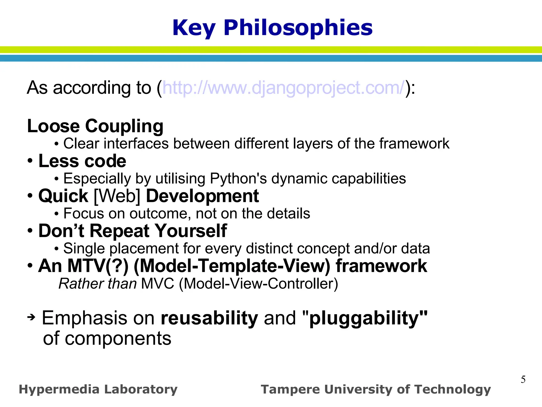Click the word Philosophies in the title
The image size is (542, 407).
pyautogui.click(x=298, y=28)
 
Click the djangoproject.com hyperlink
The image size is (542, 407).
pyautogui.click(x=284, y=88)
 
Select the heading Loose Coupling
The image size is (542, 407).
pyautogui.click(x=95, y=126)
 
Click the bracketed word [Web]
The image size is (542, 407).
pyautogui.click(x=117, y=196)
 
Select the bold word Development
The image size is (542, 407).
pyautogui.click(x=202, y=196)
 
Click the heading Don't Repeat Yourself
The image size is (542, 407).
pyautogui.click(x=133, y=231)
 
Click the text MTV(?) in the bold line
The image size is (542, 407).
pyautogui.click(x=98, y=266)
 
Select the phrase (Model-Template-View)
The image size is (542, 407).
pyautogui.click(x=232, y=266)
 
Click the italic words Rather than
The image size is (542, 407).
pyautogui.click(x=97, y=284)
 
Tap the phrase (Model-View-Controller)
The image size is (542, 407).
pyautogui.click(x=258, y=284)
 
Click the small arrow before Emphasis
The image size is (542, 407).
pyautogui.click(x=31, y=317)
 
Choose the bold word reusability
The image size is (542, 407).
pyautogui.click(x=209, y=318)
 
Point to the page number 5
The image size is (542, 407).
pyautogui.click(x=523, y=379)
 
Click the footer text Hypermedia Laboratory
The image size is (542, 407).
pyautogui.click(x=98, y=389)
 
